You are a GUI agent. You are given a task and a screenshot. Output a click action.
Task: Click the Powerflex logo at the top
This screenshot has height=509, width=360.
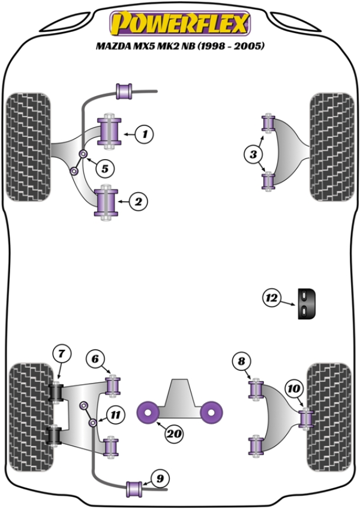pos(179,24)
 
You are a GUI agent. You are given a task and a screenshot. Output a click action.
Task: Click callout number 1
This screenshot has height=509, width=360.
pos(144,134)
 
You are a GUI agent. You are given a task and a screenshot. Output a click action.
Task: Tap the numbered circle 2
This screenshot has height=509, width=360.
pos(138,202)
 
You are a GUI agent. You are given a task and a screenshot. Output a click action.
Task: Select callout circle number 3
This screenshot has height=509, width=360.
pos(253,155)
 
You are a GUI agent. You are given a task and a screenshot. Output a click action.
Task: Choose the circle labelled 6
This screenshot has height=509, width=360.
pos(95,359)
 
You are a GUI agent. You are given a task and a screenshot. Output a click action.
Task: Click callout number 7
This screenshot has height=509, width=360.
pos(61,354)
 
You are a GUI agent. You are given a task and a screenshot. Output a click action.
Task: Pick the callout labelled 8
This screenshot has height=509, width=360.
pos(241,361)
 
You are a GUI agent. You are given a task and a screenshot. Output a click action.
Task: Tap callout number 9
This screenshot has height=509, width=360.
pos(160,478)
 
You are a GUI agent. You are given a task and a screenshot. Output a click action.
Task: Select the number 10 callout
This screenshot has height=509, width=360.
pos(294,390)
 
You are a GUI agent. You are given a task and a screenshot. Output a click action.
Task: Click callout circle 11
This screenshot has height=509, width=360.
pos(115,413)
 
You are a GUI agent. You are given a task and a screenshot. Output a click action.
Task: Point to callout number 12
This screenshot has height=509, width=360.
pos(271,297)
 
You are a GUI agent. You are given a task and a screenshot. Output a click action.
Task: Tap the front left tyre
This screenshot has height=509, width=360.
pos(28,145)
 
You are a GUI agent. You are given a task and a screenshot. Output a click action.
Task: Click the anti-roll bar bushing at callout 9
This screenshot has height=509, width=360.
pos(135,488)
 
